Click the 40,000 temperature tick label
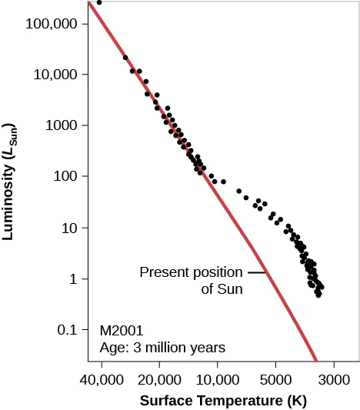[102, 379]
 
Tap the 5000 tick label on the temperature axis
[275, 379]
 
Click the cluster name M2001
[122, 330]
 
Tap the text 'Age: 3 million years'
[162, 347]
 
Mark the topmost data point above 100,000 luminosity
[99, 2]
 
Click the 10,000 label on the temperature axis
[218, 379]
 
